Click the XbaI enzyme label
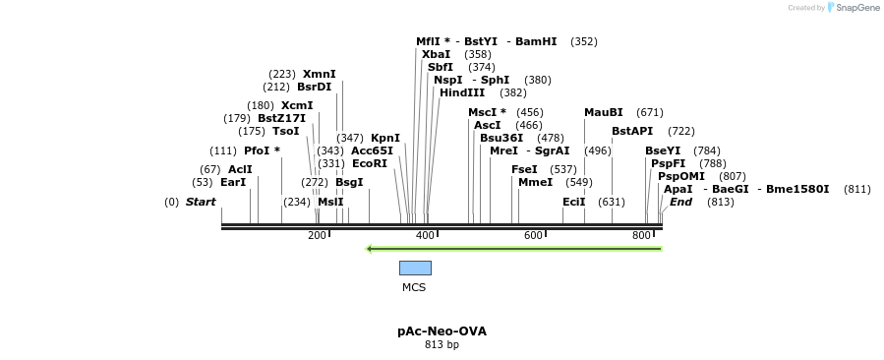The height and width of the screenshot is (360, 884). (436, 54)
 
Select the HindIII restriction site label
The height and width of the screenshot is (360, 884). (462, 92)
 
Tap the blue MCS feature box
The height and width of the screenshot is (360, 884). (415, 268)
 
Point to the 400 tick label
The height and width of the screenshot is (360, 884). (425, 236)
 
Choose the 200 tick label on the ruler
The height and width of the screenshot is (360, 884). (317, 236)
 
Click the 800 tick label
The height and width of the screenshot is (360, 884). (641, 236)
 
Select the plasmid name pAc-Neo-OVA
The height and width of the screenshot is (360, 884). (442, 330)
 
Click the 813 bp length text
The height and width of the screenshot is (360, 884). (442, 345)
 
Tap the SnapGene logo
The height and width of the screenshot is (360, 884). (853, 8)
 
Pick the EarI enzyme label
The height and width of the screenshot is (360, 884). (233, 182)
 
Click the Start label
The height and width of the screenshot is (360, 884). (201, 202)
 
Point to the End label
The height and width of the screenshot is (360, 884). (680, 202)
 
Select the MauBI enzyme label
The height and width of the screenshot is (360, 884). (604, 112)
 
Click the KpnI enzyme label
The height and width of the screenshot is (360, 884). (385, 138)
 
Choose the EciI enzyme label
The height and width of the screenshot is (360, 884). (574, 202)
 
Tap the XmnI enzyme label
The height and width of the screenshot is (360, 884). (320, 74)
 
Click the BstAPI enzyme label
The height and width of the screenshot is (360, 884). (632, 131)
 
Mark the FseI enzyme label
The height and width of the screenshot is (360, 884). (525, 169)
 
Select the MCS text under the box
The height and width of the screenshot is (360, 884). (414, 287)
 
